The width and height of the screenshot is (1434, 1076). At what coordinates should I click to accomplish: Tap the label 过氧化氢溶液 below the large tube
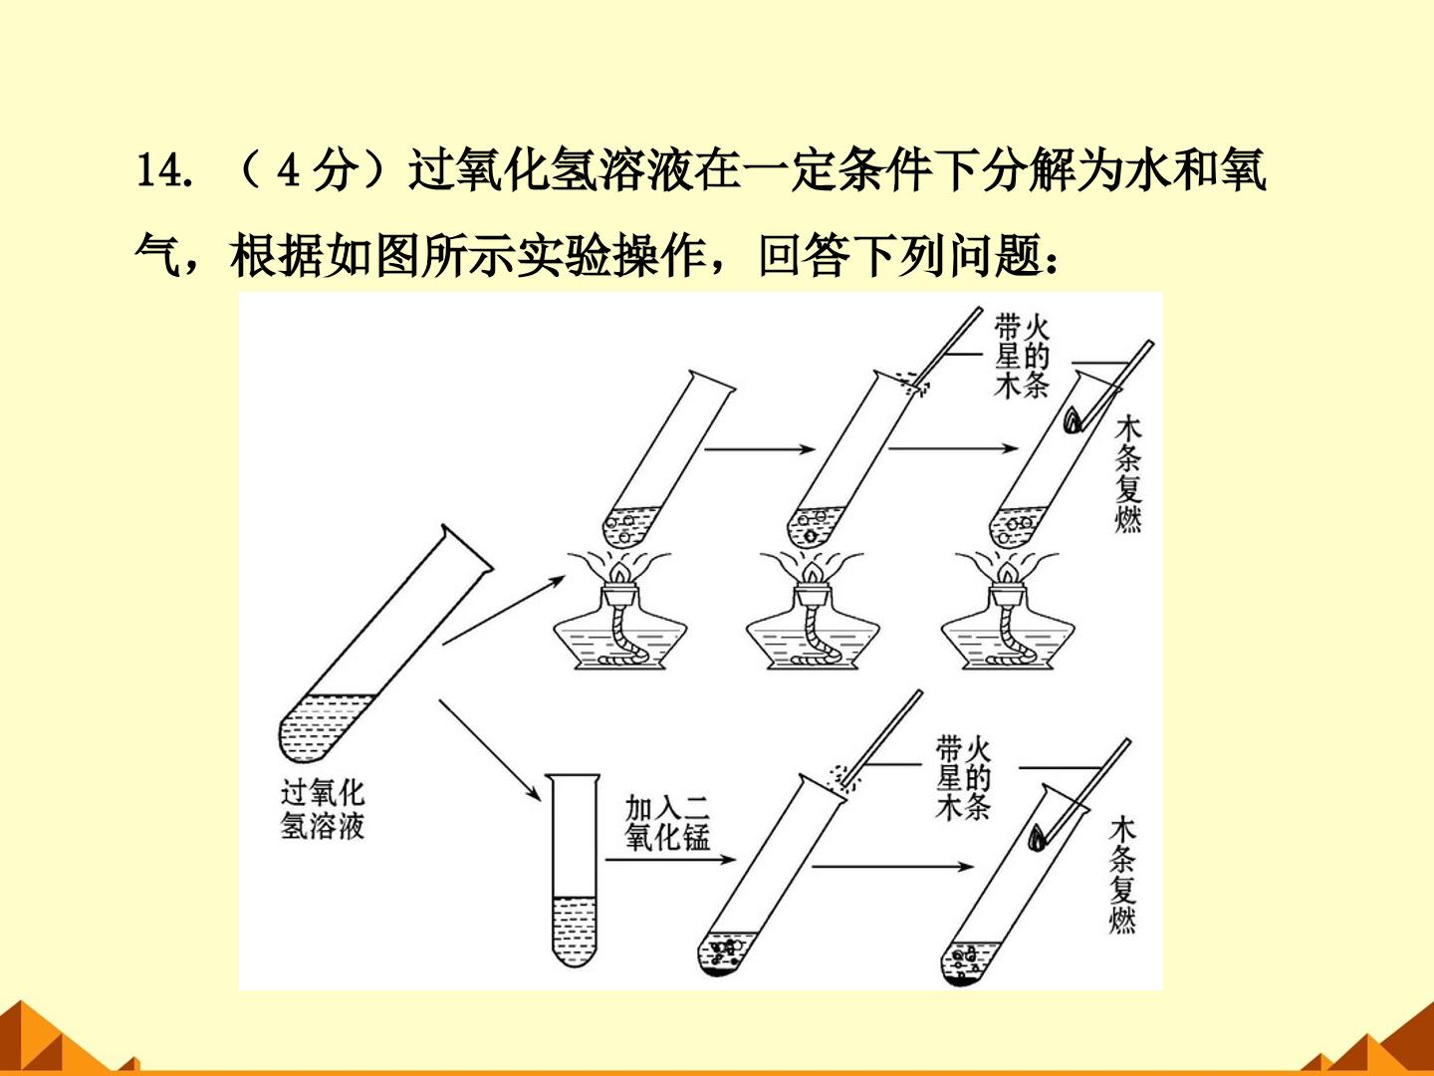click(x=322, y=809)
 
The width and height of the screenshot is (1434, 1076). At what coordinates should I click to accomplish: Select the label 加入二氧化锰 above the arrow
click(x=667, y=823)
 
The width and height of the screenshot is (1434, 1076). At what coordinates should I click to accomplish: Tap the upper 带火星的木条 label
click(x=1021, y=357)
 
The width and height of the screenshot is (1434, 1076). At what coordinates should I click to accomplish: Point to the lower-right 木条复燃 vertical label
click(x=1122, y=875)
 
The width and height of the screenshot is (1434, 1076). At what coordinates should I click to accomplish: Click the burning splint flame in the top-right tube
click(x=1074, y=420)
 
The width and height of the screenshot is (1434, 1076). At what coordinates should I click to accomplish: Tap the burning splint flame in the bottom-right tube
click(x=1037, y=838)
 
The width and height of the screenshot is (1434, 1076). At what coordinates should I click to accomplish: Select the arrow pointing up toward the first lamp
click(x=504, y=610)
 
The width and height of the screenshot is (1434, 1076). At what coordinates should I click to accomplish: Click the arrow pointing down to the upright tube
click(x=490, y=750)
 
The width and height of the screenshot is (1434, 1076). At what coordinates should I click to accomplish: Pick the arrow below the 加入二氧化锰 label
click(x=671, y=860)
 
